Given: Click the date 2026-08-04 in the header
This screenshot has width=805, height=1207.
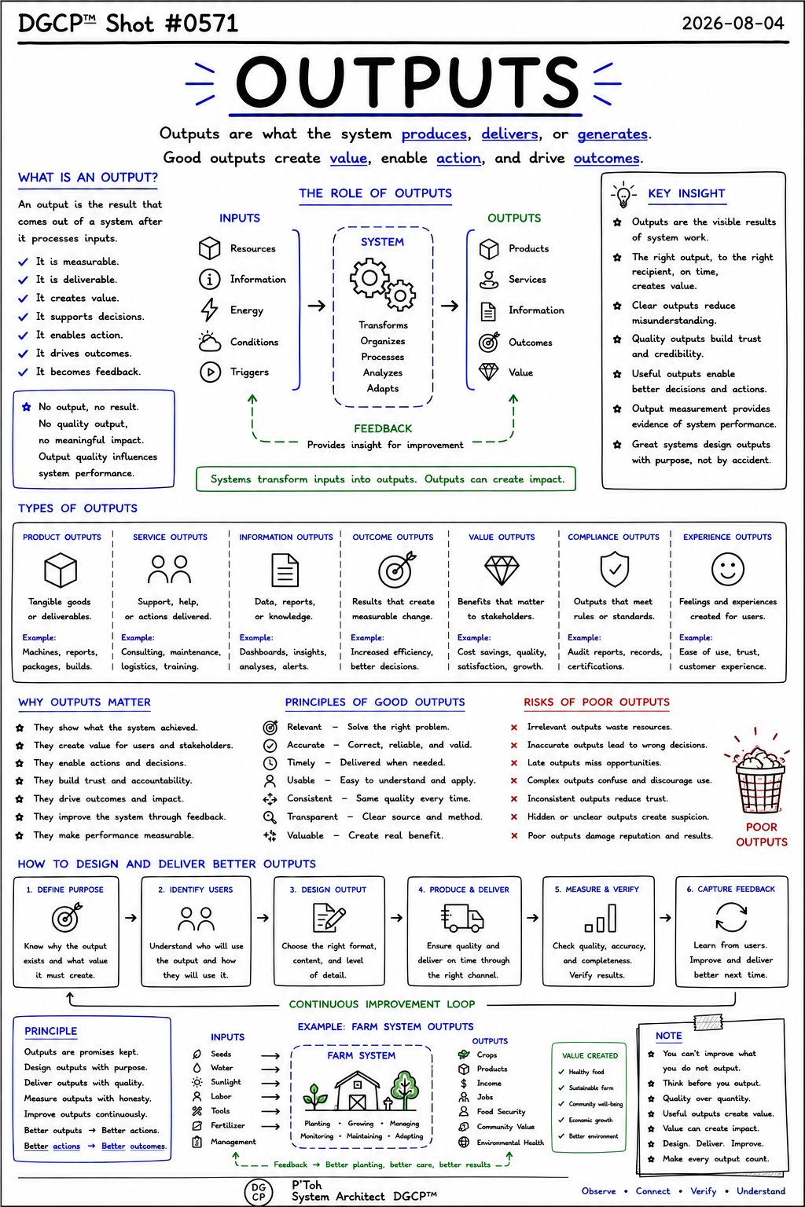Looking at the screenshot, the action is [x=733, y=23].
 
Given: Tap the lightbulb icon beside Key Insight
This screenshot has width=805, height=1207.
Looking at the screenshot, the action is [x=623, y=195].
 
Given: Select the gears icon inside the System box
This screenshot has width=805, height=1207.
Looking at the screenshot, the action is [x=383, y=284].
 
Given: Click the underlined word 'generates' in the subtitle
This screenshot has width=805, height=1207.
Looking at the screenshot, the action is [x=612, y=134].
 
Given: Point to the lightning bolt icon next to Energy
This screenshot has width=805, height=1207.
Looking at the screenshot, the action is [x=209, y=310].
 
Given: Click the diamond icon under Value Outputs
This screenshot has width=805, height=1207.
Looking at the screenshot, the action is [x=502, y=570].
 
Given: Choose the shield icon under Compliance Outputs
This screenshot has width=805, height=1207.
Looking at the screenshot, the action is [x=615, y=568].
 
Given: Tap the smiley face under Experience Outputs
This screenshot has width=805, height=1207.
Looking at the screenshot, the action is [x=728, y=569].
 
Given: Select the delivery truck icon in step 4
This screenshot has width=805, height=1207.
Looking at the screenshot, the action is [x=462, y=918].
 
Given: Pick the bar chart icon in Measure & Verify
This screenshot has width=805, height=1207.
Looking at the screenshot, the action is [x=601, y=918].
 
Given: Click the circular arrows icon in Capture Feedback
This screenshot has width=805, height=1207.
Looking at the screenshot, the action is [x=731, y=917].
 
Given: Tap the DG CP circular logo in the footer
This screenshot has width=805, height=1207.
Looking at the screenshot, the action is [x=259, y=1192].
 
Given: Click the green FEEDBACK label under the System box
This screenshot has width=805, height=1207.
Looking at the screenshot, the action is [x=383, y=429].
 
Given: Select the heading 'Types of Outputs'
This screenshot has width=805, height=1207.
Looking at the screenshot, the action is [x=78, y=508].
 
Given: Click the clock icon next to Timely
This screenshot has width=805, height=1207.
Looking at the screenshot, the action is [x=270, y=763].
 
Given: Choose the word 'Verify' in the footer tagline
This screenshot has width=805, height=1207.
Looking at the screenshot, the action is [x=704, y=1190].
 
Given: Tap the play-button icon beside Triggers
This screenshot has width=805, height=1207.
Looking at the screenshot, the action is [x=210, y=372].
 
